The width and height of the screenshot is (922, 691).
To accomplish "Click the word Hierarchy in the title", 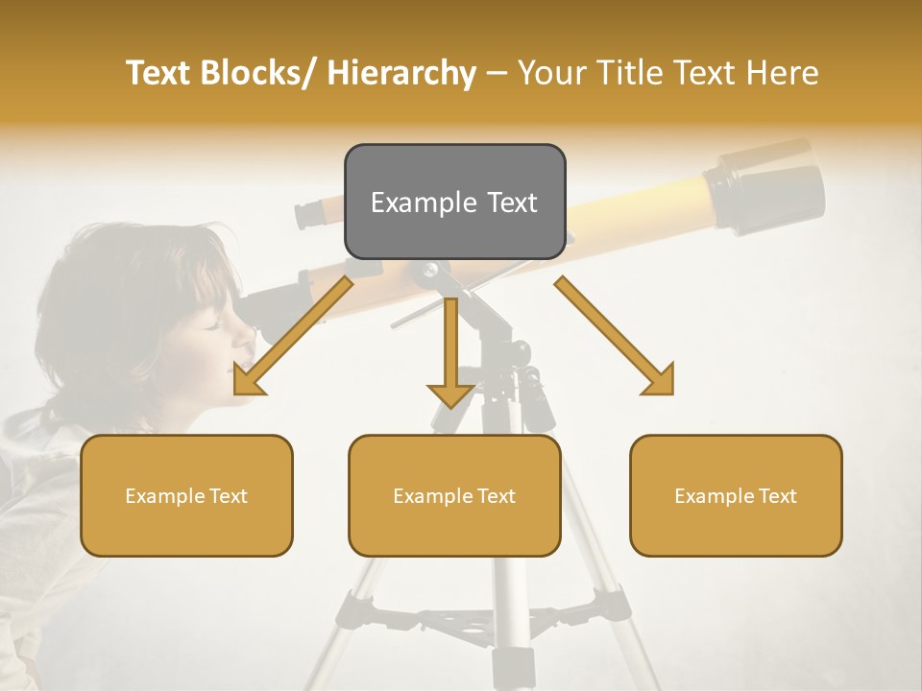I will [x=400, y=73].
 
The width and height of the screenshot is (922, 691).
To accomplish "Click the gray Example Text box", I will [x=454, y=203].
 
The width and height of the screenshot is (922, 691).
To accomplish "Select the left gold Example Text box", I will [x=186, y=496].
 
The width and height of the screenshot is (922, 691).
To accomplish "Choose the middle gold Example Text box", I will [x=454, y=496].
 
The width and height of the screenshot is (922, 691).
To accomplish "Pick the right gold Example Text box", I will [x=736, y=496].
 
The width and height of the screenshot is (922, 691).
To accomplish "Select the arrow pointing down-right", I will [x=616, y=336].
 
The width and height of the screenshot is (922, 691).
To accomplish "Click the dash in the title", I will [x=497, y=74].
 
